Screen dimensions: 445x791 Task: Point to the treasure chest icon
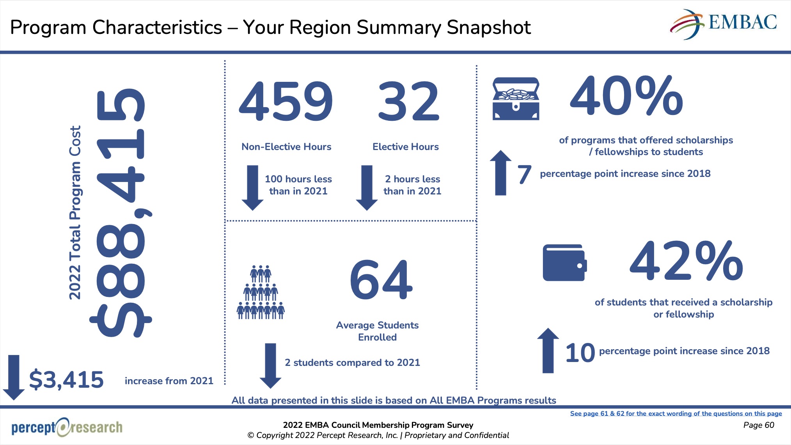(516, 99)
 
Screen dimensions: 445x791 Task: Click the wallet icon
(564, 263)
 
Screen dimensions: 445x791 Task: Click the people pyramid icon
(261, 293)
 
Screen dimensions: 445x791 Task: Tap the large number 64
(381, 280)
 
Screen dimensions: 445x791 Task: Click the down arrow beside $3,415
(14, 377)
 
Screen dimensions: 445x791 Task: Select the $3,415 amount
(66, 380)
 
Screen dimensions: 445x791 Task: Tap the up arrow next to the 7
(500, 173)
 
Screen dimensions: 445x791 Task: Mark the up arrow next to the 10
(548, 350)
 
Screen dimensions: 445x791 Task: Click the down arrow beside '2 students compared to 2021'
(270, 366)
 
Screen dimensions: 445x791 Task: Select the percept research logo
(67, 427)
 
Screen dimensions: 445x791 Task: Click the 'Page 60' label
(759, 425)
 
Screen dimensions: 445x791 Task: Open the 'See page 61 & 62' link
(676, 413)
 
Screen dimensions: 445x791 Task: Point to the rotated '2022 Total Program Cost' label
(75, 212)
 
